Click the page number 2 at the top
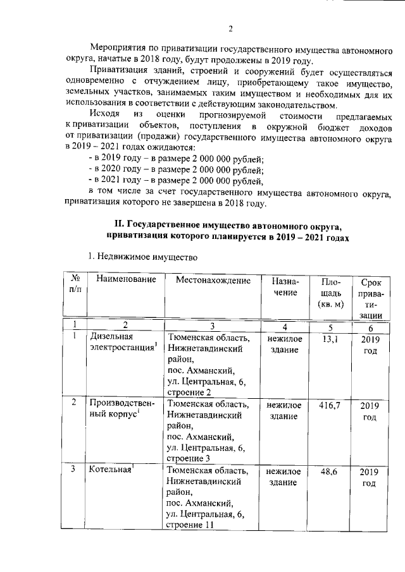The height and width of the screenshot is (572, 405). [x=230, y=28]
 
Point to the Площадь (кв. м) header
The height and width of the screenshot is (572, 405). [x=331, y=293]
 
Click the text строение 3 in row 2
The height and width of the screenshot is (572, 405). [x=189, y=459]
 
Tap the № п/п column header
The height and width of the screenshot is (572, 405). [x=75, y=284]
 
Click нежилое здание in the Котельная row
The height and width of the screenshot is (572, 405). [x=285, y=477]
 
